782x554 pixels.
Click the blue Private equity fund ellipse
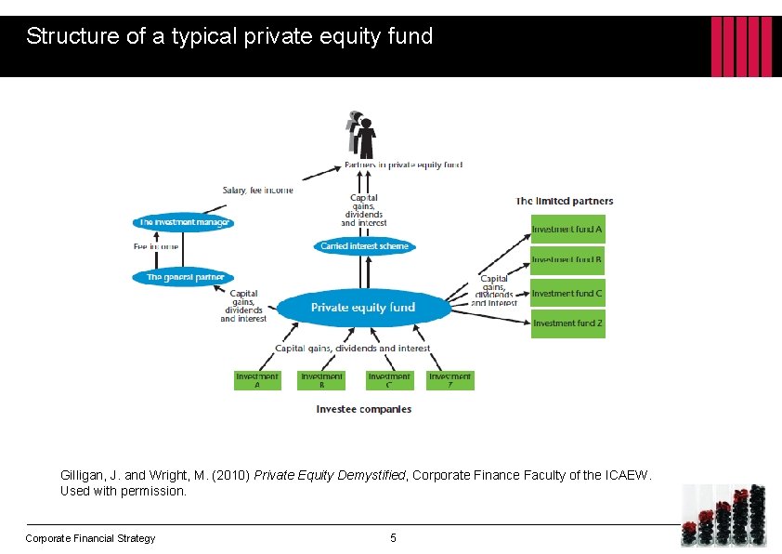coord(363,308)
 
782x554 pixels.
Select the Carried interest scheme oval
coord(364,246)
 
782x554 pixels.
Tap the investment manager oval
coord(184,223)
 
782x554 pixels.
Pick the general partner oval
coord(185,277)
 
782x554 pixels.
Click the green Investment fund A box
coord(567,229)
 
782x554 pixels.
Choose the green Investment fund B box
coord(567,259)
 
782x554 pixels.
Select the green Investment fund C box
coord(567,293)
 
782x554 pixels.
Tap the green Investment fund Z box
coord(567,323)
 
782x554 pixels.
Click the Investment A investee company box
coord(257,380)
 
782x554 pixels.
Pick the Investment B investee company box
coord(322,380)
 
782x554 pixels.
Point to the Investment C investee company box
coord(389,380)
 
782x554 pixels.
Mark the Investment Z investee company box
coord(450,380)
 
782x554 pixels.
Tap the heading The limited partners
coord(565,201)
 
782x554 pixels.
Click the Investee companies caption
coord(364,409)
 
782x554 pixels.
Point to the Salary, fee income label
coord(257,191)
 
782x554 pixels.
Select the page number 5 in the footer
coord(393,538)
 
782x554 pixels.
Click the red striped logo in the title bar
coord(741,46)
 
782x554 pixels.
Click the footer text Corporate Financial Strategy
coord(90,538)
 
